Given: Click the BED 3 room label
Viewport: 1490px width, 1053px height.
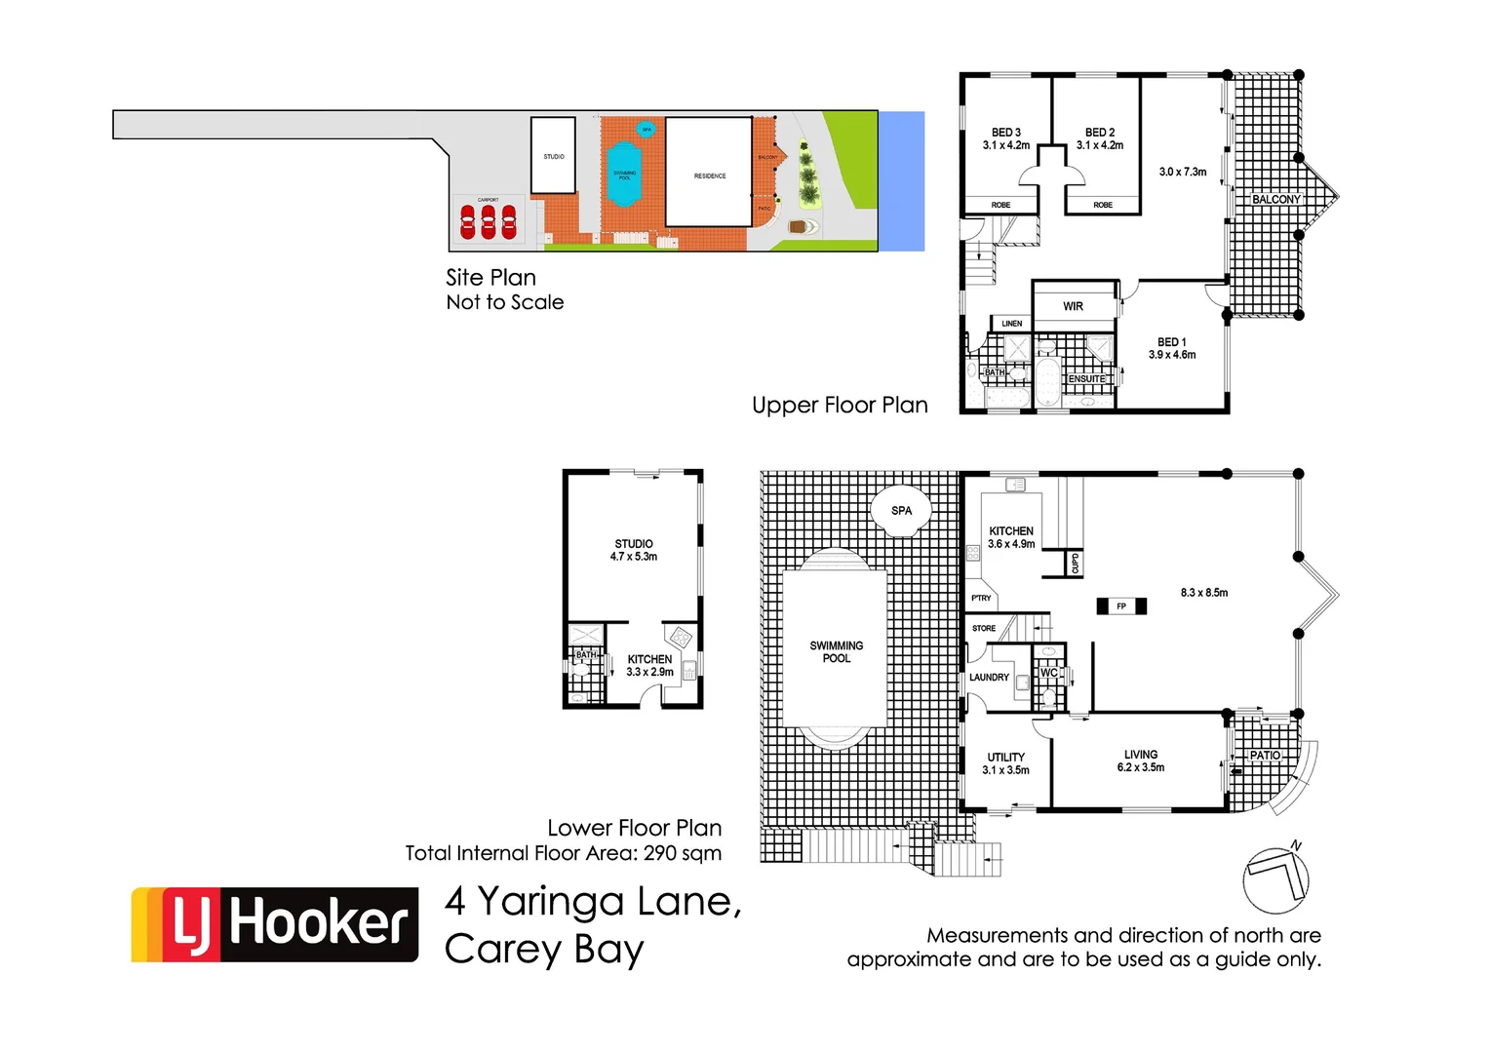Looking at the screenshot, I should coord(1006,133).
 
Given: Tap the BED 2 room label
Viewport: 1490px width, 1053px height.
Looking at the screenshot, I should coord(1100,133).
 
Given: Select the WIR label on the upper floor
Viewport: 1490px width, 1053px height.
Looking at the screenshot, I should coord(1073,306).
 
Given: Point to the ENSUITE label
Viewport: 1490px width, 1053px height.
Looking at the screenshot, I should coord(1087,379).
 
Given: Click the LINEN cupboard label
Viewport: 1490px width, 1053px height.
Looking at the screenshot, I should coord(1012,324).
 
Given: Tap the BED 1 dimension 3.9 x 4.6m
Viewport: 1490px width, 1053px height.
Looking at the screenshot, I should coord(1172,355).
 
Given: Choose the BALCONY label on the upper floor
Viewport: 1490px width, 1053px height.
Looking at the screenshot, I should coord(1276,199).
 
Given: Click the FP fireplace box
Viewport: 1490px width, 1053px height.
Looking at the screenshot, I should coord(1121,606).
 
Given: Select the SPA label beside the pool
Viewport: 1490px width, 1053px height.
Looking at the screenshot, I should coord(902,511).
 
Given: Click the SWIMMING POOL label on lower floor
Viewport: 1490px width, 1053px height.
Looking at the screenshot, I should coord(837,652).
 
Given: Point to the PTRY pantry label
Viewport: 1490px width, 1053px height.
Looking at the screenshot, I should coord(981,598).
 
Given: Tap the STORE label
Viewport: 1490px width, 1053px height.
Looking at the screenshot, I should coord(984,629).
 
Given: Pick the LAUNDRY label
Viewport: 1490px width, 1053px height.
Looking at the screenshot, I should coord(989,678).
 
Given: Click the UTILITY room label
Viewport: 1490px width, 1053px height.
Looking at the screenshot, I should coord(1006,758).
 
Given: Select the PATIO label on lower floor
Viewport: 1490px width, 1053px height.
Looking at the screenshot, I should coord(1265,756).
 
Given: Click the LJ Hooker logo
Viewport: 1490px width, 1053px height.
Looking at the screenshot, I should coord(275,924).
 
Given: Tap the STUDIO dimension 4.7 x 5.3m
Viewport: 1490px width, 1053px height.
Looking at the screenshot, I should coord(634,557).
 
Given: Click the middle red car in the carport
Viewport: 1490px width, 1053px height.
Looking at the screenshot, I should coord(489,222).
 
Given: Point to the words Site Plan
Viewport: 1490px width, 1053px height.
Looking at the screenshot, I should coord(490,278).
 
